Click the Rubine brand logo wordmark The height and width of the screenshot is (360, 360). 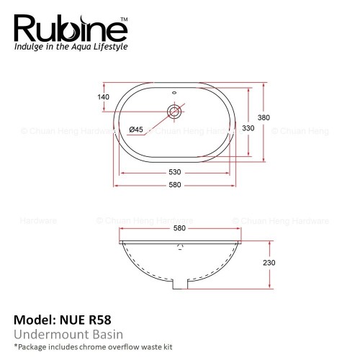(x=71, y=29)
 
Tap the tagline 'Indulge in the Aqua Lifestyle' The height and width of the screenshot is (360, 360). (x=71, y=47)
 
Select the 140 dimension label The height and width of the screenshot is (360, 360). (x=103, y=97)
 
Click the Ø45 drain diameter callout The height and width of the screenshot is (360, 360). (x=136, y=130)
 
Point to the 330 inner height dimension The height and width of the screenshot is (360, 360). (x=248, y=128)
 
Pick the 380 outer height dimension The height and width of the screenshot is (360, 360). (x=264, y=117)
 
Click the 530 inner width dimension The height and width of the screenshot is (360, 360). (x=175, y=172)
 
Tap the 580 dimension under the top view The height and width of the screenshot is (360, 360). (x=175, y=185)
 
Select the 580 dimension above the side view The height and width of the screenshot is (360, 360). (x=179, y=228)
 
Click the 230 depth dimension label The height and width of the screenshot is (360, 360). (x=269, y=263)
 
